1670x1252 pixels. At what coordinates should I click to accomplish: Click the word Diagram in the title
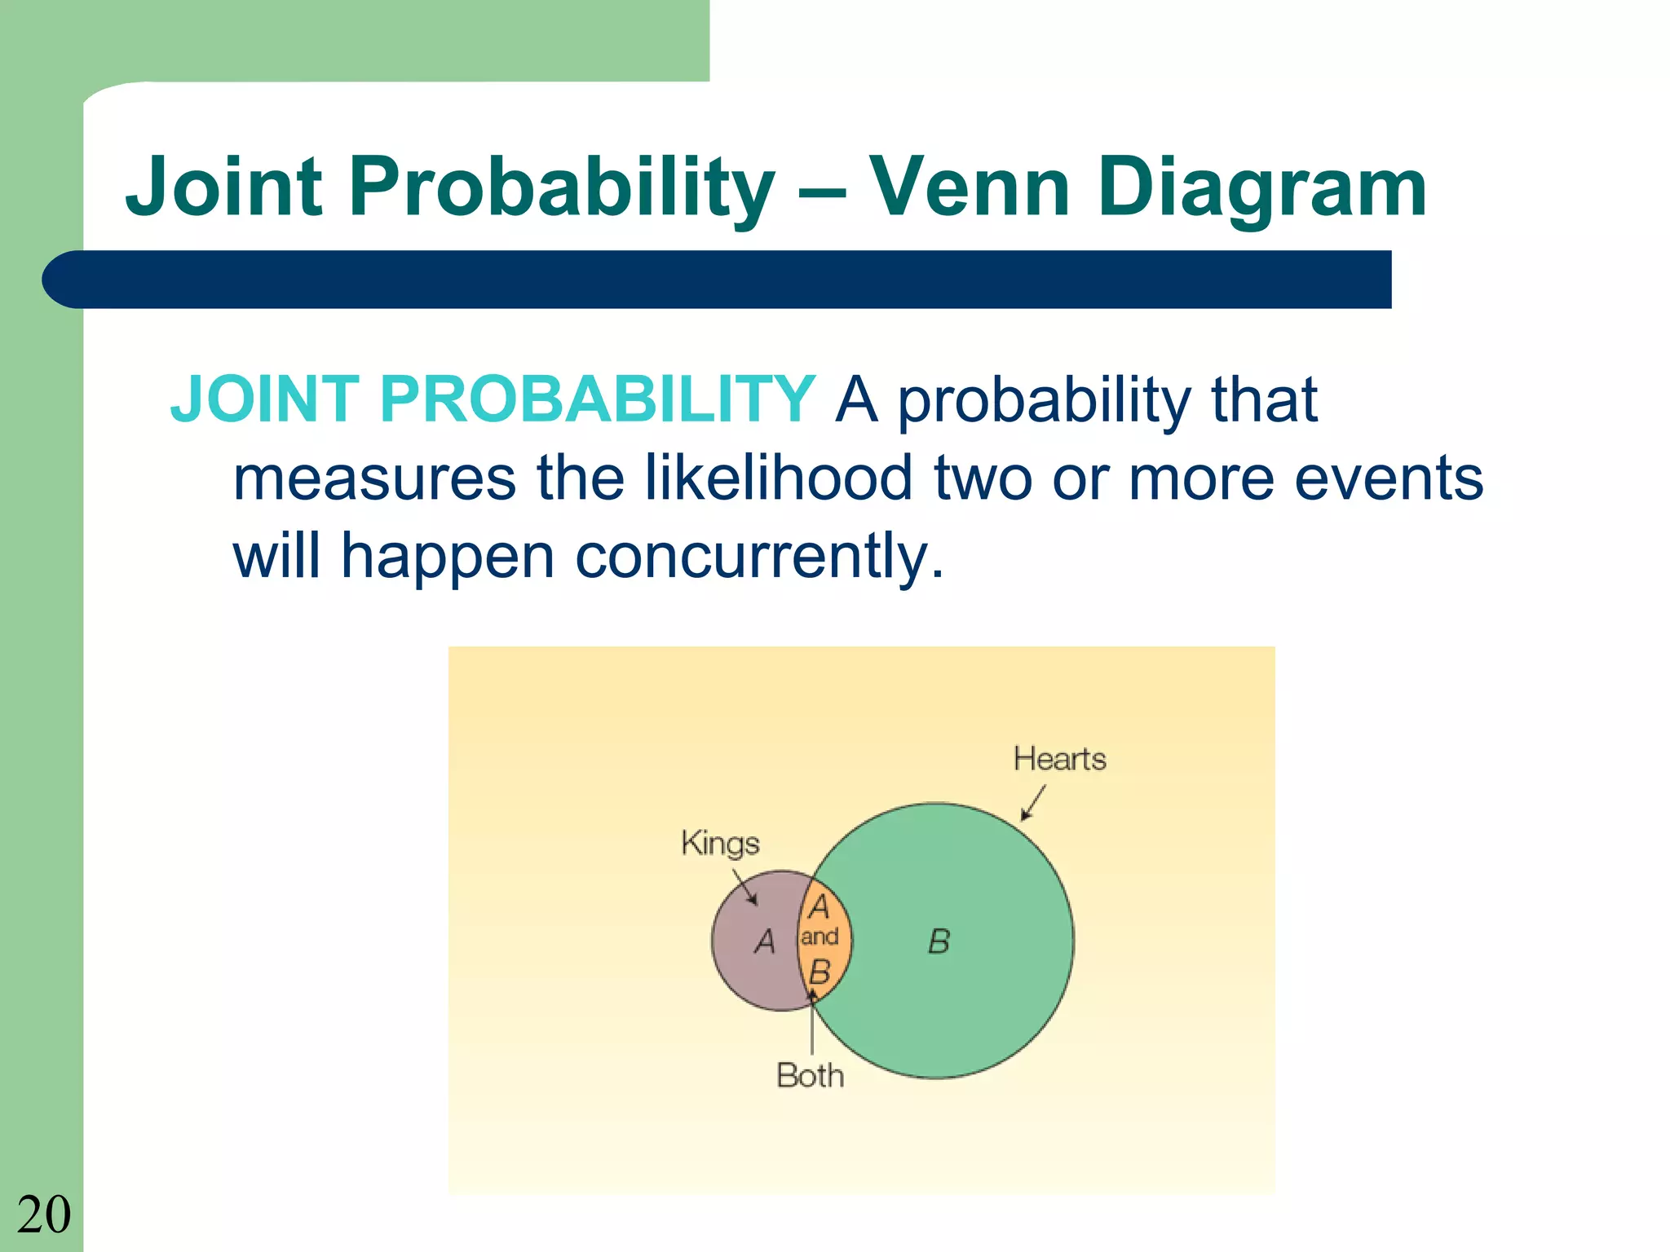tap(1261, 189)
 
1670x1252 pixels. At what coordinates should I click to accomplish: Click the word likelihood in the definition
tap(778, 478)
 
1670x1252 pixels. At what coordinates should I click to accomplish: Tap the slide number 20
tap(44, 1215)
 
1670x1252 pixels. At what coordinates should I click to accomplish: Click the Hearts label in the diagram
tap(1059, 759)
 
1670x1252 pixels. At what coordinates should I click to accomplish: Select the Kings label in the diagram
tap(720, 843)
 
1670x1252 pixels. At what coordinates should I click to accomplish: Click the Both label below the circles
tap(810, 1076)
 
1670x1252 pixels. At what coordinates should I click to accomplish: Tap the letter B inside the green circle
tap(939, 942)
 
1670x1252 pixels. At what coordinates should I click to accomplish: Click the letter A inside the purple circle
tap(764, 942)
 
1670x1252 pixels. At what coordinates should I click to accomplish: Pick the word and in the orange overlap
tap(820, 937)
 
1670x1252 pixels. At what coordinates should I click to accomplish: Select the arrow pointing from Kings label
tap(744, 887)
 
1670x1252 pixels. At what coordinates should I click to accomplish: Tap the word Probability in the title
tap(561, 189)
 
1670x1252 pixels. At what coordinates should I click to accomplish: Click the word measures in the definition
tap(374, 479)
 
